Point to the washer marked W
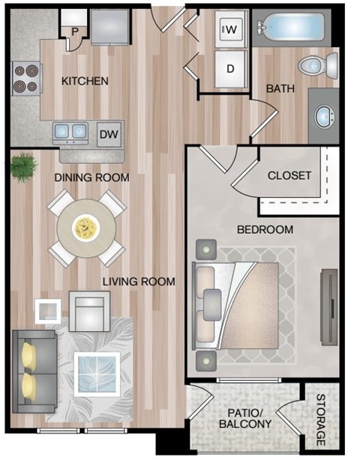coord(230,30)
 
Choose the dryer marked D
coord(230,68)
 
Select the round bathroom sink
coord(324,116)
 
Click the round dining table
coord(85,226)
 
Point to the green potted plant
coord(24,163)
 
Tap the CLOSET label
coord(289,176)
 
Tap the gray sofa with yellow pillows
coord(33,372)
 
